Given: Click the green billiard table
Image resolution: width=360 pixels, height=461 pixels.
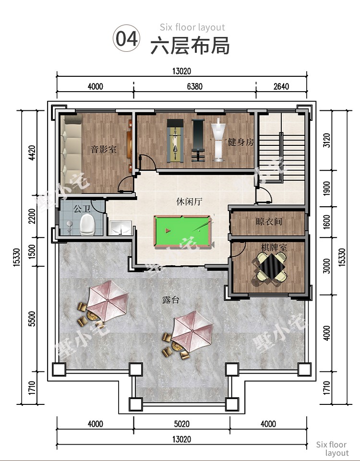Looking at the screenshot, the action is coord(182,231).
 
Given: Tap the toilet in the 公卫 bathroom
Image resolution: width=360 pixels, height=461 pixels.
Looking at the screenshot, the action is coord(87,225).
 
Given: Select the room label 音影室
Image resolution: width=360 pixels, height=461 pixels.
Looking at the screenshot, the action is coord(104,149).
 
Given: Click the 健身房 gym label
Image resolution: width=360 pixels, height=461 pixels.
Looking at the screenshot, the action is coord(241,142).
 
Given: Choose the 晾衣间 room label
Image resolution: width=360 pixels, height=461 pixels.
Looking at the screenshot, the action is coord(269,222).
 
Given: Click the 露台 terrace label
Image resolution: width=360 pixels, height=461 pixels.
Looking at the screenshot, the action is coord(170,300).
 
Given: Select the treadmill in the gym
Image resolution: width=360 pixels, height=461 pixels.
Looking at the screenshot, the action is coord(175,141).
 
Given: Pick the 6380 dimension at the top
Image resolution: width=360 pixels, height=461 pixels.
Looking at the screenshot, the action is coord(195,86).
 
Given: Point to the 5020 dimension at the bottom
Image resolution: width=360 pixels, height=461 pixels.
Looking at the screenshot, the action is coord(182,424).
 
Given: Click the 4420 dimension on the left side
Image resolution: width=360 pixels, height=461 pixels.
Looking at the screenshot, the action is coord(32,153).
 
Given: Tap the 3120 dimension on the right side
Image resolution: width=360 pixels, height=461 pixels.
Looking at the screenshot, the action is coord(327,141).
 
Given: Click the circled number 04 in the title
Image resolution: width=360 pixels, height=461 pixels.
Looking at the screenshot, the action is coord(126,38).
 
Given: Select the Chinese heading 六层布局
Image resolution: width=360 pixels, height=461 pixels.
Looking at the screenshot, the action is coord(190,46).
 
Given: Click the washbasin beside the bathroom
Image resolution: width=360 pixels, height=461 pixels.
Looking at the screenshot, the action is coord(120,228).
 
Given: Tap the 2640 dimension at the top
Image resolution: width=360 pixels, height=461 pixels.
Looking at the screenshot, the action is coord(281,86).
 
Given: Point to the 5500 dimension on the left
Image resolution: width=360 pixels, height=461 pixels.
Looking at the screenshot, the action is coord(32,319).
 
